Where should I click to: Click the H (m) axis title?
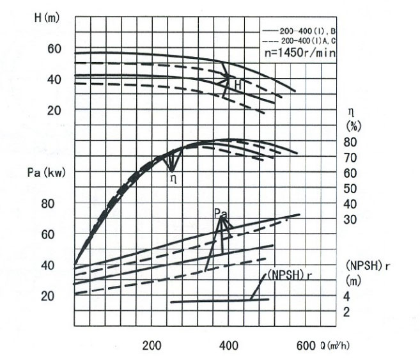click(x=46, y=17)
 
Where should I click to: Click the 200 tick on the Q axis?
click(x=152, y=345)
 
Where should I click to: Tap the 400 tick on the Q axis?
click(x=229, y=345)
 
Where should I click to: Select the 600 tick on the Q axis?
click(x=306, y=345)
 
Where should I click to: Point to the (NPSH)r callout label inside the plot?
click(x=292, y=275)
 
